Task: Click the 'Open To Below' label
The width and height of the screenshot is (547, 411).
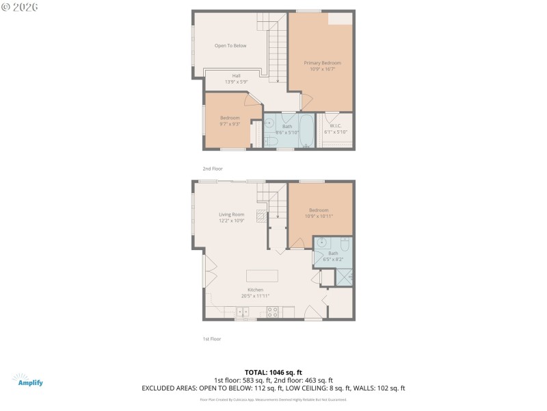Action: (x=230, y=46)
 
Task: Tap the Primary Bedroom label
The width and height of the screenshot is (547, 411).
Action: (x=322, y=63)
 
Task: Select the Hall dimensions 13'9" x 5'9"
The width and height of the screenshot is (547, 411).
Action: (x=236, y=82)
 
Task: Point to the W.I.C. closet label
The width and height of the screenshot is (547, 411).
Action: (x=336, y=125)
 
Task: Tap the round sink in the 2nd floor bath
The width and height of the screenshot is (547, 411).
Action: (x=269, y=123)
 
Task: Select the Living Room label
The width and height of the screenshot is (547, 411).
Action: (x=231, y=214)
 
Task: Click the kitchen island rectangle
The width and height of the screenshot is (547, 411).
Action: (x=263, y=275)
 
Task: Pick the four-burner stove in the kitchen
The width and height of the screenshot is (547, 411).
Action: (x=271, y=312)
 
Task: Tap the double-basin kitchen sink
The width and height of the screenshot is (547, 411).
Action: (x=243, y=312)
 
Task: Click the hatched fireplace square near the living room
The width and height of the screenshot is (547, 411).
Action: (x=260, y=216)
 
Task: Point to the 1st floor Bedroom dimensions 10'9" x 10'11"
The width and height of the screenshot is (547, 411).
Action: (x=319, y=216)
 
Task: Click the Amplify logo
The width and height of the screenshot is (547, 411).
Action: (x=28, y=380)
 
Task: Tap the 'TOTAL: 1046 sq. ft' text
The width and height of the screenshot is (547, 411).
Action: (x=273, y=371)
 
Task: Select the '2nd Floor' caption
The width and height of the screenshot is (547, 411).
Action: (x=213, y=169)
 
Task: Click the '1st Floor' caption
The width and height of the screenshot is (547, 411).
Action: (x=212, y=338)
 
